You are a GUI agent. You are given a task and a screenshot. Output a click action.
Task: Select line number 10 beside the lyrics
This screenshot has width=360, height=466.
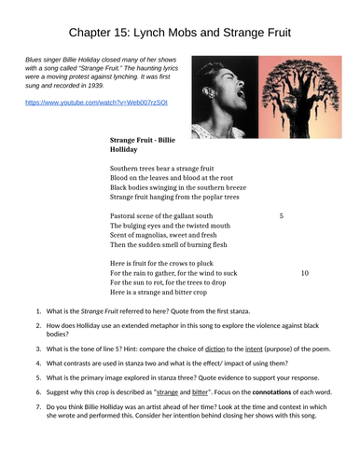[304, 274]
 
